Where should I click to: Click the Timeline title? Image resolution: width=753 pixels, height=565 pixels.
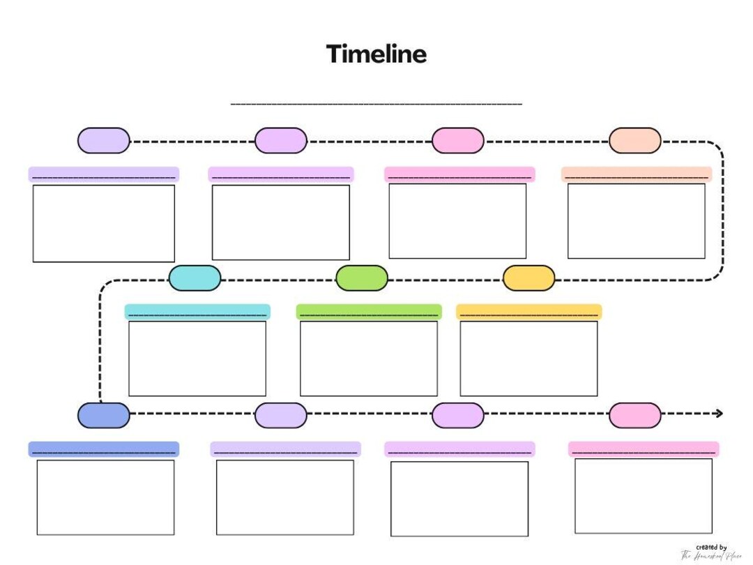click(x=376, y=54)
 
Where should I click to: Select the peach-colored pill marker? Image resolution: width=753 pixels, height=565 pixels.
click(x=634, y=141)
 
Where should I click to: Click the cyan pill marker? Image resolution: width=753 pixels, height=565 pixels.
click(x=195, y=278)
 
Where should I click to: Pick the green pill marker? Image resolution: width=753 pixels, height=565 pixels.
click(x=361, y=278)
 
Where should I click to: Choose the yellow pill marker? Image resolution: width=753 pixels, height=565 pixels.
click(x=528, y=278)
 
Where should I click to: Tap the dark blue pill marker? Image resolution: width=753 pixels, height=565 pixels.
click(x=103, y=415)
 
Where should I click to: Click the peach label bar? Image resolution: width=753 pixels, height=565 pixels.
click(x=636, y=174)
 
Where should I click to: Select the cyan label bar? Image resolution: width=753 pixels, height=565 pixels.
click(x=197, y=311)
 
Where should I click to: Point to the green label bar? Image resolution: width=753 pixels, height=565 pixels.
click(x=368, y=311)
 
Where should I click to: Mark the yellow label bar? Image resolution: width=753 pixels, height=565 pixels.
click(x=528, y=311)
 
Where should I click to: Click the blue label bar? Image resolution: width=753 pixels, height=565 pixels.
click(x=103, y=449)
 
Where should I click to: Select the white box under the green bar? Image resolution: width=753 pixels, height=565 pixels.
click(x=368, y=359)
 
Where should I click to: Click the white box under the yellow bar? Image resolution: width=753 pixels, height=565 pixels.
click(x=528, y=359)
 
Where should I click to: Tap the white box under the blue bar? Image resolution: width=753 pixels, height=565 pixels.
click(x=105, y=497)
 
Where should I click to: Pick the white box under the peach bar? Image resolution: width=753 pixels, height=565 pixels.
click(x=636, y=221)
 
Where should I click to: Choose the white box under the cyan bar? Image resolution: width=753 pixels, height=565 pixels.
click(x=197, y=359)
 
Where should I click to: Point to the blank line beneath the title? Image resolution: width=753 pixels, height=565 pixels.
click(x=376, y=104)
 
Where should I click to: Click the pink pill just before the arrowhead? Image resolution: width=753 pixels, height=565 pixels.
click(x=634, y=415)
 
